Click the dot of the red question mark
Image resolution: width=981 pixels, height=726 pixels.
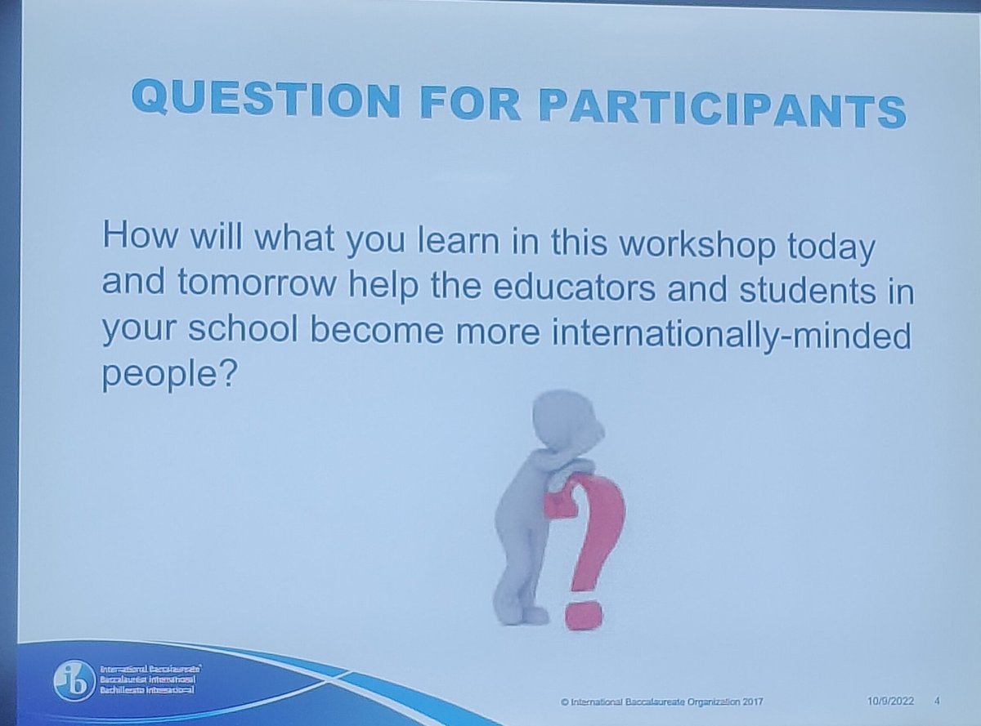coord(585,614)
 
